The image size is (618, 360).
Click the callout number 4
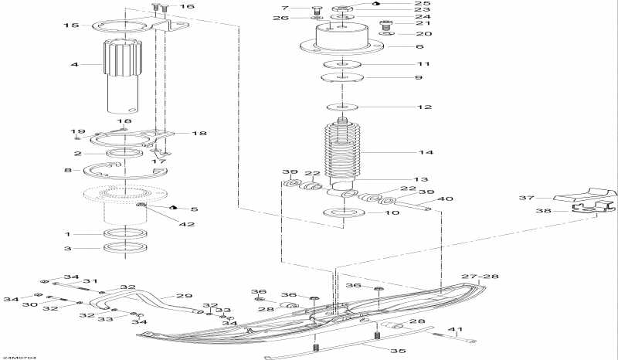click(75, 65)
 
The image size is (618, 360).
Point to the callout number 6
click(419, 46)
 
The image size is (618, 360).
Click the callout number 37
click(526, 198)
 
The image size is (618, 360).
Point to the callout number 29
click(184, 296)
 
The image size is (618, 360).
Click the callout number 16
click(188, 7)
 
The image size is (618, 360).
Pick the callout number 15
click(70, 25)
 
